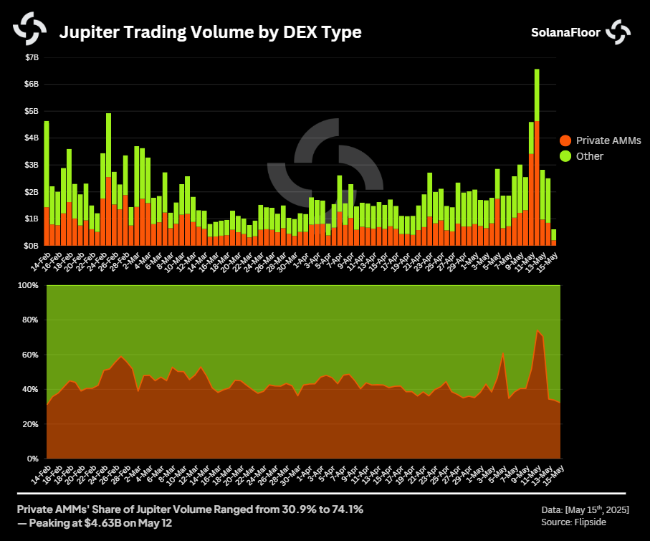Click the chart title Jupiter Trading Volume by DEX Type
[210, 32]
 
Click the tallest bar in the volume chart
[537, 158]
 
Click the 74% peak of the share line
[537, 331]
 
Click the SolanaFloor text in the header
[566, 32]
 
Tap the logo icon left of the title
[29, 29]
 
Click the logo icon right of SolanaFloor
[618, 32]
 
